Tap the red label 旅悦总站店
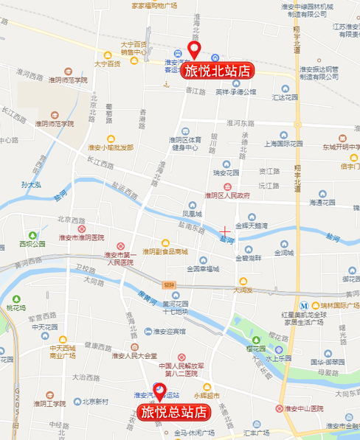tap(172, 411)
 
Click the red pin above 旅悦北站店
tap(195, 51)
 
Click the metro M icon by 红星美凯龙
tap(303, 304)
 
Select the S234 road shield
tap(169, 284)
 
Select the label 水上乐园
tap(278, 357)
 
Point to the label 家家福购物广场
tap(154, 5)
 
